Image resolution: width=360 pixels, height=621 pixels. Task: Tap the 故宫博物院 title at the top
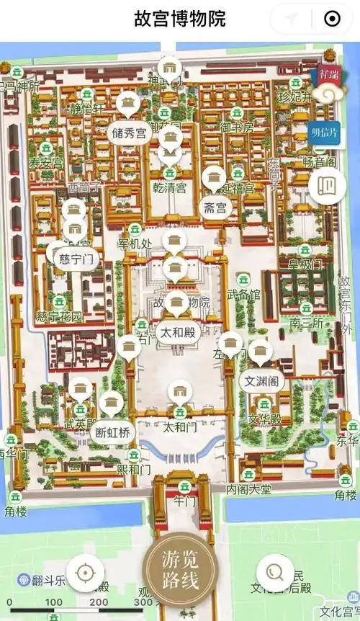(x=179, y=19)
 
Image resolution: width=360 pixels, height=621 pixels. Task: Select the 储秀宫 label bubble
(x=129, y=133)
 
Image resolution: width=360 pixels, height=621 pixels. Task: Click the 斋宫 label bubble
(x=215, y=209)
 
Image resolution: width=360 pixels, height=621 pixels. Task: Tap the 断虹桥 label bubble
(x=114, y=432)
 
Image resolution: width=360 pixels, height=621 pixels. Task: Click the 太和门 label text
(x=179, y=427)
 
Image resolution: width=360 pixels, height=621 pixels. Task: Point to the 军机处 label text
(x=135, y=244)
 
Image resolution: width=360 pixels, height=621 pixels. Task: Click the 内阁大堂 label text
(x=248, y=490)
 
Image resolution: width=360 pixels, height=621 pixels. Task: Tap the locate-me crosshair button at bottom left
(x=85, y=573)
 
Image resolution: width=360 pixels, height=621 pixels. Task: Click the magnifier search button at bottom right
(x=275, y=573)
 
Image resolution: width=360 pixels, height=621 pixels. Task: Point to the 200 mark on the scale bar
(x=99, y=602)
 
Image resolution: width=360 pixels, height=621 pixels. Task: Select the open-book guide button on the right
(x=327, y=184)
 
